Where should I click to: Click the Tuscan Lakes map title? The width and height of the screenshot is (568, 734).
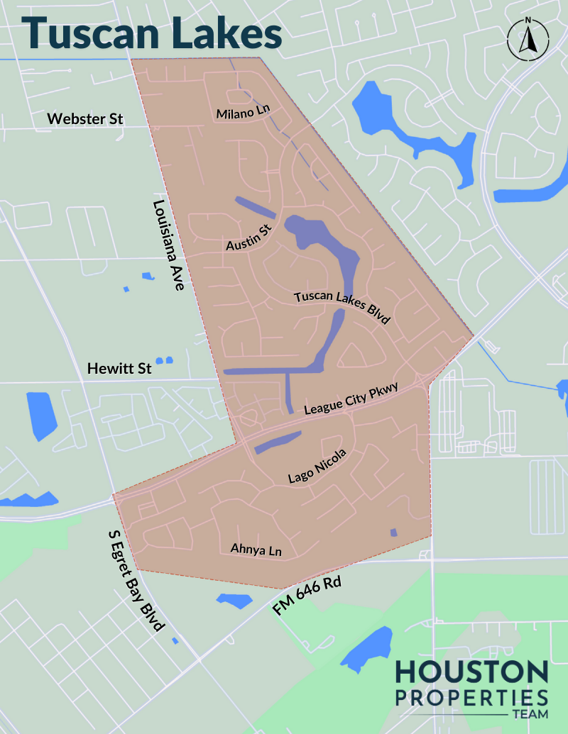[151, 33]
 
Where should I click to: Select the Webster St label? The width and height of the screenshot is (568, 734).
[85, 118]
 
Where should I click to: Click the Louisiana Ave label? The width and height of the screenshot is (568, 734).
[169, 245]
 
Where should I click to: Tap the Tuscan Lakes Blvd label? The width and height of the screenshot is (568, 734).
[343, 306]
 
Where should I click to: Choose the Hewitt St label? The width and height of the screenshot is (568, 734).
[119, 369]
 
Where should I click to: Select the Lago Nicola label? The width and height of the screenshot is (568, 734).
[317, 467]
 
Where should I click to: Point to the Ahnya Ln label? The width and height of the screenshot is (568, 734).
[256, 550]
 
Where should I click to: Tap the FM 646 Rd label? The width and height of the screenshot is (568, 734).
[307, 596]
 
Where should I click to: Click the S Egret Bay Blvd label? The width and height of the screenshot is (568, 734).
[136, 579]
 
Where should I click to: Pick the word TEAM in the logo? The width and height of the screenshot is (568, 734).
[529, 715]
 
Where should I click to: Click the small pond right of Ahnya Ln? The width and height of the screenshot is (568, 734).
[393, 533]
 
